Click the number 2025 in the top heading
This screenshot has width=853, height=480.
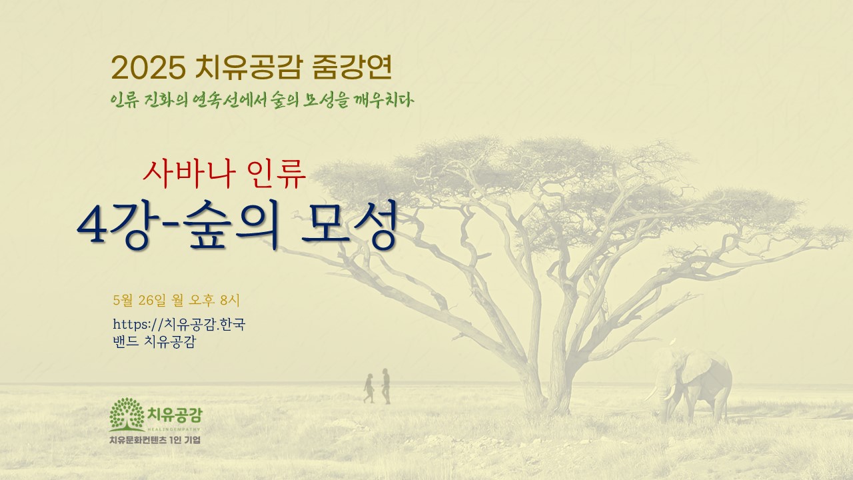pyautogui.click(x=149, y=68)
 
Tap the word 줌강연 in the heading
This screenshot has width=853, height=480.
pyautogui.click(x=352, y=67)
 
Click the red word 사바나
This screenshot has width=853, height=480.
pyautogui.click(x=189, y=174)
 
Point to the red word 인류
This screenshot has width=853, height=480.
pyautogui.click(x=277, y=174)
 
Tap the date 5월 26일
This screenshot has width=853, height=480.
pyautogui.click(x=139, y=300)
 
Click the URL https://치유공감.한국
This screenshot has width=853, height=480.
pyautogui.click(x=179, y=324)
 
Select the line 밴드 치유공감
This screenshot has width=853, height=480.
pyautogui.click(x=154, y=341)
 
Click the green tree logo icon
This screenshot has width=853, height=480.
pyautogui.click(x=127, y=414)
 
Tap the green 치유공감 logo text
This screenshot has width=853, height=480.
pyautogui.click(x=175, y=415)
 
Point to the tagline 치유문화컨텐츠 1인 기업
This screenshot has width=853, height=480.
pyautogui.click(x=155, y=440)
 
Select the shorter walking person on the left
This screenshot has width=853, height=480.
pyautogui.click(x=369, y=388)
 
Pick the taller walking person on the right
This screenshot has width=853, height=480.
pyautogui.click(x=386, y=386)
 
